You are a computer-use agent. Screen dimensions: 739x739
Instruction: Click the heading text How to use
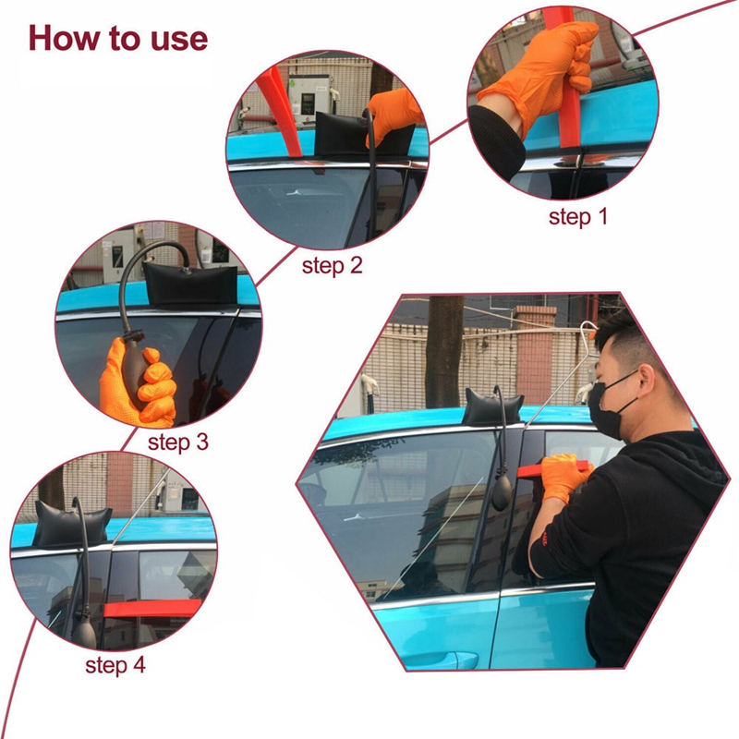click(118, 38)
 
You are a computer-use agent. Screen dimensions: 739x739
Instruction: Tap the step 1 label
click(578, 217)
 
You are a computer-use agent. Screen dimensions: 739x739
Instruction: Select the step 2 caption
click(333, 266)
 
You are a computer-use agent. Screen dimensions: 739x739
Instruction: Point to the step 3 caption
click(177, 442)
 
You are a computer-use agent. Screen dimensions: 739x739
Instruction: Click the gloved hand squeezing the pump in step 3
click(139, 379)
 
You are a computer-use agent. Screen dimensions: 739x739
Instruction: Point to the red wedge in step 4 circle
click(152, 608)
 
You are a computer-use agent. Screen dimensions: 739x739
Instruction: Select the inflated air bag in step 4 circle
click(74, 524)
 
